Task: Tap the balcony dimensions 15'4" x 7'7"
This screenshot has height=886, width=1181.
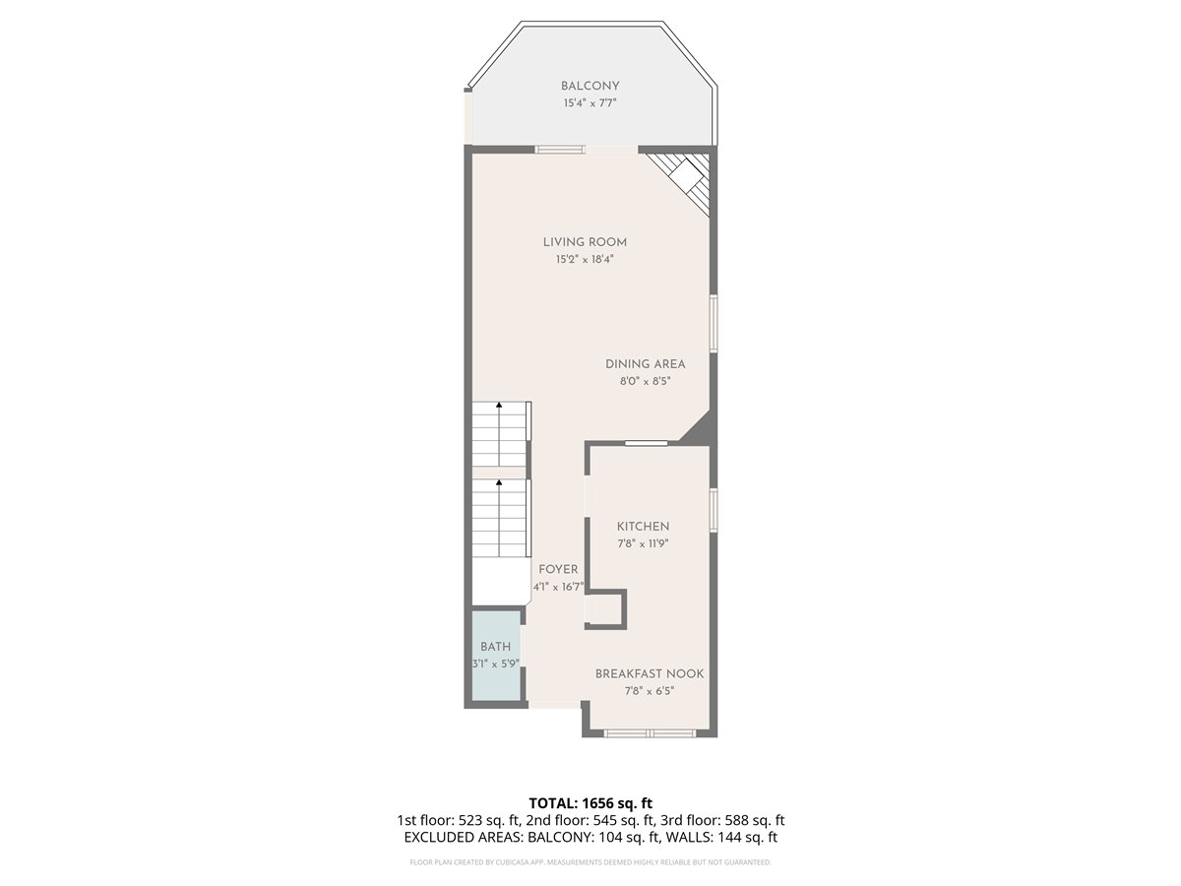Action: [590, 102]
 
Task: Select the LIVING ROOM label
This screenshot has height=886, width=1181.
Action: [585, 242]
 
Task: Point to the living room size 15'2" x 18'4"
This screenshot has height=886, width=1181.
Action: [585, 259]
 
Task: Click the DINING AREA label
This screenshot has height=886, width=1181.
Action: [645, 364]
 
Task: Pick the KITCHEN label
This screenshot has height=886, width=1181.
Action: [643, 527]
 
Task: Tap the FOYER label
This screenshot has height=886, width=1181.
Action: [558, 569]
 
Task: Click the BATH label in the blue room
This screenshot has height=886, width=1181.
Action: [496, 647]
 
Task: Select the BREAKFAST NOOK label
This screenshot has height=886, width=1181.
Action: [650, 673]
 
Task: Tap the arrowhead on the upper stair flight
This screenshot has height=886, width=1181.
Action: [499, 405]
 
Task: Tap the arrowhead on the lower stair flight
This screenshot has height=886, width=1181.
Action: [499, 483]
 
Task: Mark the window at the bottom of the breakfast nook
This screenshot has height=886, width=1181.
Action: [650, 732]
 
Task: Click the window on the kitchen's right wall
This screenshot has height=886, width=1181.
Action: [714, 509]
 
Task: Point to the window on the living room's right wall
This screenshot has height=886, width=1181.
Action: [714, 323]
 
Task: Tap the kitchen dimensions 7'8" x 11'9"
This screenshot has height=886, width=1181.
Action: [643, 543]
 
